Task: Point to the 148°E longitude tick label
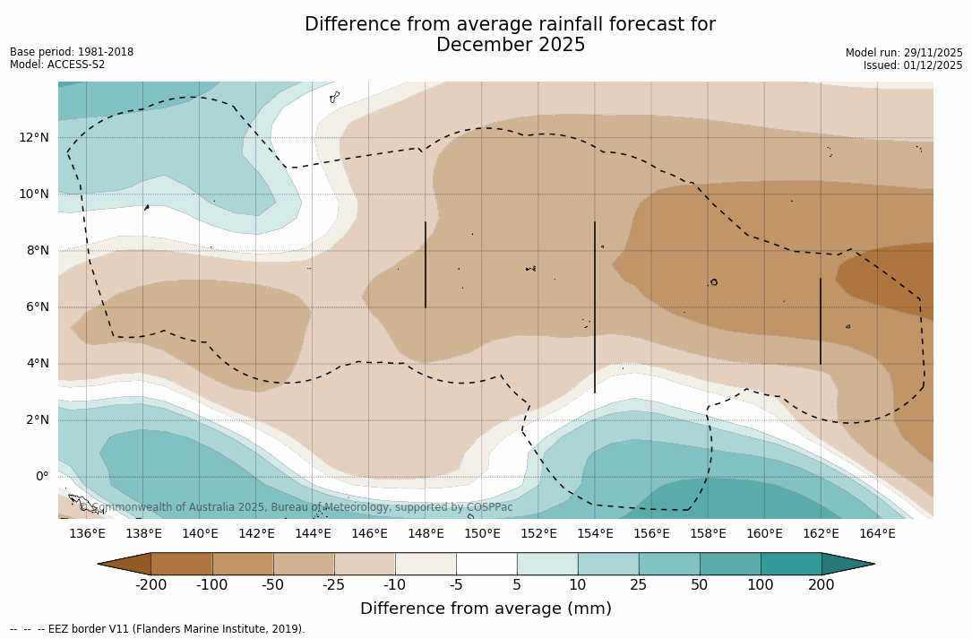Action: click(x=426, y=533)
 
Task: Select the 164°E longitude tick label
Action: click(x=877, y=533)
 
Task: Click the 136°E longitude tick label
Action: click(x=87, y=533)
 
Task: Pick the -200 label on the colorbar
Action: click(x=151, y=585)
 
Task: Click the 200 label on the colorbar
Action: click(x=821, y=585)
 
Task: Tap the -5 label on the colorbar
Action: click(x=456, y=585)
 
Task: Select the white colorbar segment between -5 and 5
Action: click(x=486, y=564)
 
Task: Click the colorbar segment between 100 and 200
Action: click(x=791, y=564)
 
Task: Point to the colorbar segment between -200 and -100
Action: click(x=182, y=564)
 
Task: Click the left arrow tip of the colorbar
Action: click(x=101, y=564)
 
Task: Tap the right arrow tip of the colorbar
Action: click(x=872, y=564)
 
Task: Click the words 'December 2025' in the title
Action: click(x=511, y=45)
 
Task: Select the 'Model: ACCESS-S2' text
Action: click(x=57, y=65)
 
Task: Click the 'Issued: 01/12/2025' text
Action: click(x=913, y=65)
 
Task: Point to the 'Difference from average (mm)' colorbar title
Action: click(x=486, y=609)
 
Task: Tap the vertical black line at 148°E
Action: click(x=426, y=264)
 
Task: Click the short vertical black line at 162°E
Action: click(x=820, y=321)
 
